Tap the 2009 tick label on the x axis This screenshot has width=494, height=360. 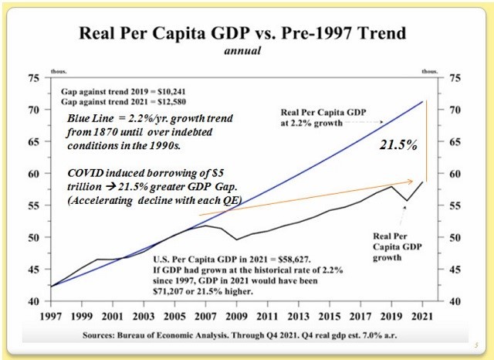pyautogui.click(x=240, y=317)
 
